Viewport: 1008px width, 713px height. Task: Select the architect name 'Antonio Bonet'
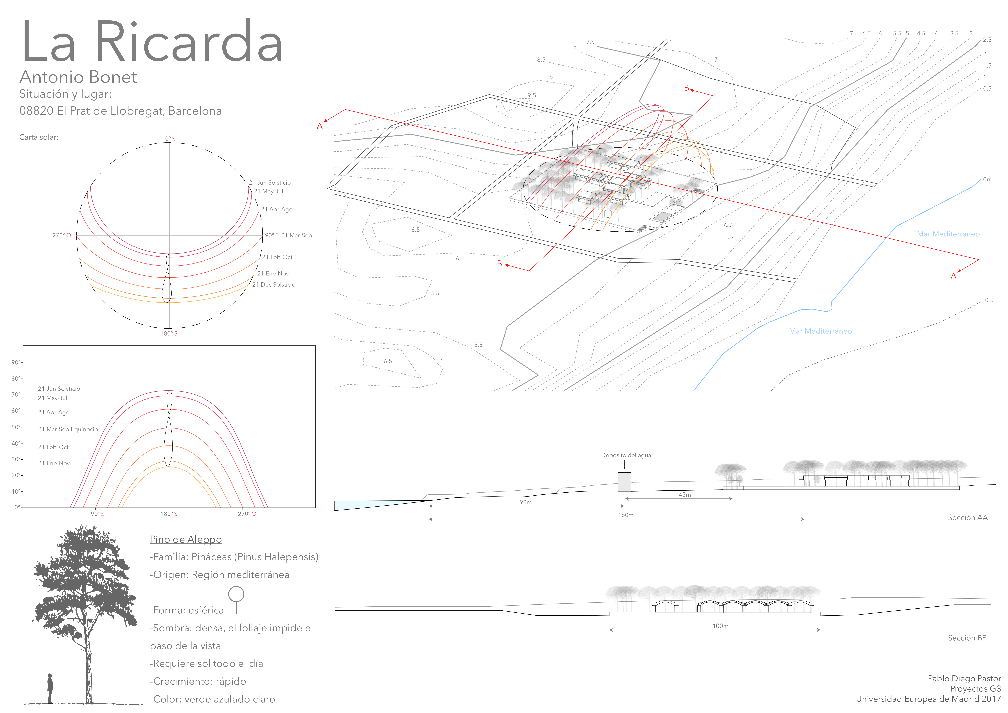78,77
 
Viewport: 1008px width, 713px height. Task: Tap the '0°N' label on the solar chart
170,139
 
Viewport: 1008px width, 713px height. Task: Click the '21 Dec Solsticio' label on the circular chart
274,284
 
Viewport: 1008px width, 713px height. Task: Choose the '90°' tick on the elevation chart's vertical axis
16,363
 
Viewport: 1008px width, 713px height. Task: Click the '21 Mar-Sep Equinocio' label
68,429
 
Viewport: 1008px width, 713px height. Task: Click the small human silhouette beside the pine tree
50,688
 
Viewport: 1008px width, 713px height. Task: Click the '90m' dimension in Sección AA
526,502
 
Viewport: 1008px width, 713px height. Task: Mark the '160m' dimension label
626,515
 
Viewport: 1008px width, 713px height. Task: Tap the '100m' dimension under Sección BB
720,626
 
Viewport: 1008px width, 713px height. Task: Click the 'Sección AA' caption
968,518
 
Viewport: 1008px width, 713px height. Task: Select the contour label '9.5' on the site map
532,95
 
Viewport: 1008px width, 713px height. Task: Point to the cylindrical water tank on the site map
729,231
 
